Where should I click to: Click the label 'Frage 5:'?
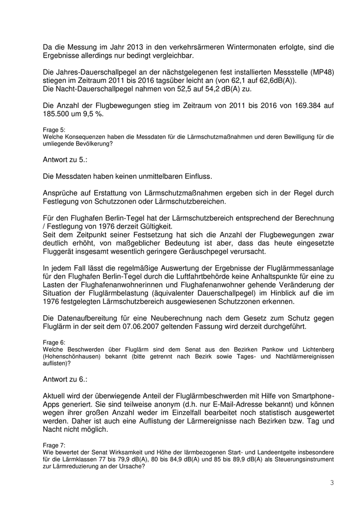tap(54, 131)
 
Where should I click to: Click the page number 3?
tap(332, 483)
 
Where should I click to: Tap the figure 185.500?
tap(59, 114)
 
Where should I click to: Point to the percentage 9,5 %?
tap(94, 114)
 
